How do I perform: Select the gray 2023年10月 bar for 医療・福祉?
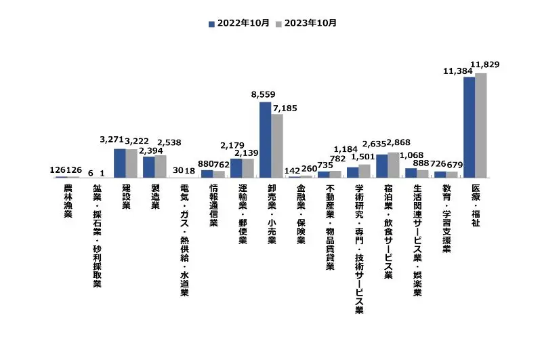(481, 125)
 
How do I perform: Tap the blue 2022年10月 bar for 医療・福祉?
(469, 127)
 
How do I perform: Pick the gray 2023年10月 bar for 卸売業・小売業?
(277, 146)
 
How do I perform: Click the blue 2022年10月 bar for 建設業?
(119, 163)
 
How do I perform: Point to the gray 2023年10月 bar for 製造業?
(161, 166)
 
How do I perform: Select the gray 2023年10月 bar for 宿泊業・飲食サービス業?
(394, 165)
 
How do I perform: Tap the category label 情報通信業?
(213, 204)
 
